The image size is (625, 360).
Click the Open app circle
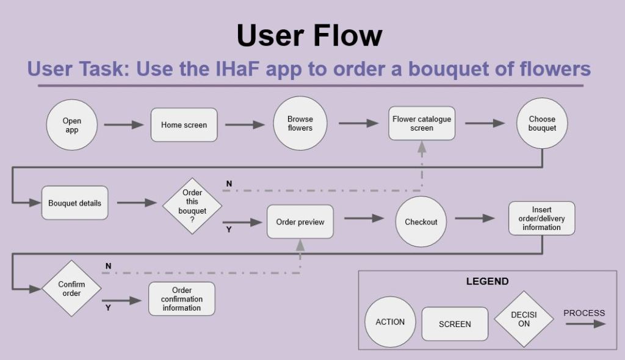click(72, 126)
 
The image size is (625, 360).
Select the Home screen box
click(184, 125)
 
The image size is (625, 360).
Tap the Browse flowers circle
click(300, 124)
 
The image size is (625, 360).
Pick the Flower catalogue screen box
click(422, 124)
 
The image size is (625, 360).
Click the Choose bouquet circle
click(542, 124)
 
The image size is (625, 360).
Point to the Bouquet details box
click(75, 203)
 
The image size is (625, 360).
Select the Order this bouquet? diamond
click(192, 206)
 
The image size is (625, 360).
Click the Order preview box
click(300, 221)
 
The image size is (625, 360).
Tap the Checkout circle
click(421, 222)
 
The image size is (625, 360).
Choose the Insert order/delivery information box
click(541, 218)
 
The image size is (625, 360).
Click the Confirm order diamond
click(71, 289)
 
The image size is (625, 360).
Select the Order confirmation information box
click(182, 299)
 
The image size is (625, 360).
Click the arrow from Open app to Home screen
click(124, 125)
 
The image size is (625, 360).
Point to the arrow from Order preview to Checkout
click(364, 218)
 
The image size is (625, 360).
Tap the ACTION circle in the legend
click(390, 322)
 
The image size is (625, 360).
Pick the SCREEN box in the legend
click(455, 324)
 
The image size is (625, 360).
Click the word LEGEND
click(487, 281)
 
